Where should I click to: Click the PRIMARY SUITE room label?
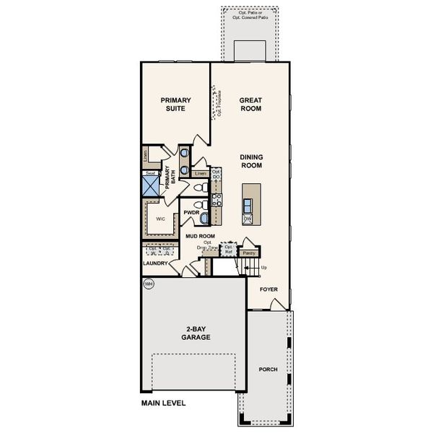click(x=173, y=105)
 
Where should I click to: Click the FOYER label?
click(x=268, y=289)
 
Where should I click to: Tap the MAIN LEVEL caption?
click(x=163, y=403)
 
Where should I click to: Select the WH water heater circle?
click(x=149, y=284)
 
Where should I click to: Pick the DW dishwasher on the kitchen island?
click(x=247, y=217)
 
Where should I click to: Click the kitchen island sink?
click(x=248, y=194)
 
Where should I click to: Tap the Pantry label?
click(x=248, y=253)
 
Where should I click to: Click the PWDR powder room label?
click(x=191, y=213)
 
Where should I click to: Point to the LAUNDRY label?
click(x=155, y=263)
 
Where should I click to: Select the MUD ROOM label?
click(x=201, y=236)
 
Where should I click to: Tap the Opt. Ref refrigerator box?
click(x=229, y=250)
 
